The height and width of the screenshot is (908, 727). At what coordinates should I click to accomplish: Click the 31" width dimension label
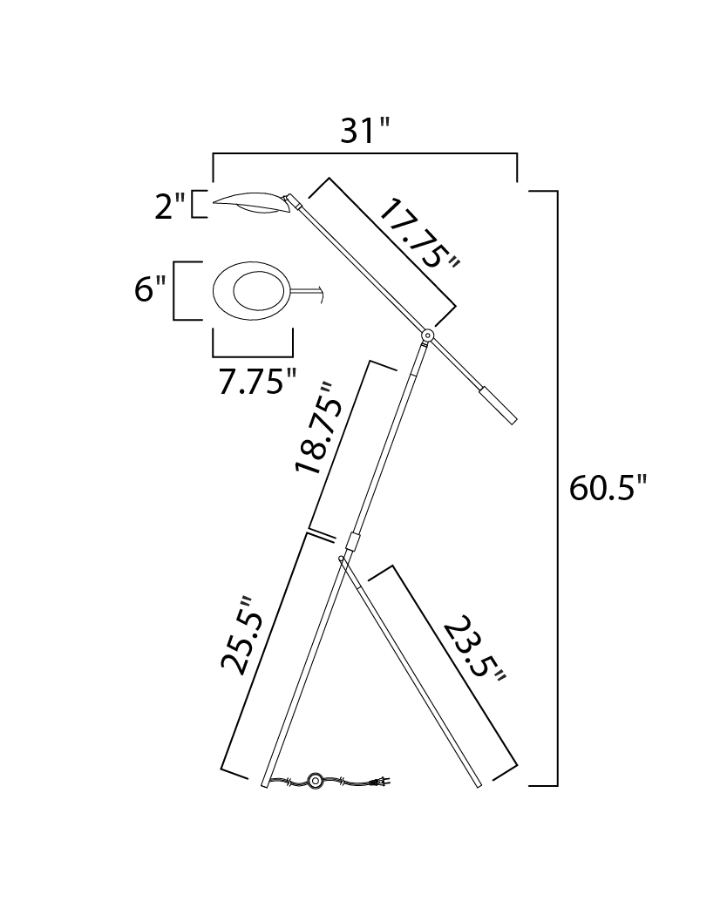365,131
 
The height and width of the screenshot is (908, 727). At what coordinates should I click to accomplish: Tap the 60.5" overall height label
607,488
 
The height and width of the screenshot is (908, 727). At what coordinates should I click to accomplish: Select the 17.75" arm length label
418,234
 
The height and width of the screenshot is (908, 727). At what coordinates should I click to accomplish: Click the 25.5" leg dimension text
242,635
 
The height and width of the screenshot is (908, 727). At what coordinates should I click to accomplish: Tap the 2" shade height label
170,207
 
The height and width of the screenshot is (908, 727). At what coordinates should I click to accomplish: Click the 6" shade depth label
150,289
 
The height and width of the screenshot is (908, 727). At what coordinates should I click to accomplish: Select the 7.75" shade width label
257,382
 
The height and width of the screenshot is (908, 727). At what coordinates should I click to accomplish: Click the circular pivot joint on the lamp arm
427,335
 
